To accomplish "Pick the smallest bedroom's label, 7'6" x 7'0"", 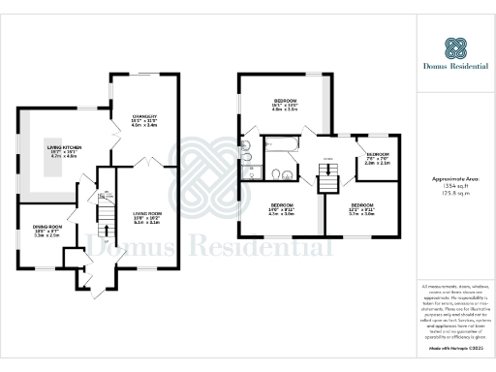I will click(375, 158).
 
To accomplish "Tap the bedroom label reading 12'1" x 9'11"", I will click(362, 210).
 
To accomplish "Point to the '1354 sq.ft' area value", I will click(455, 189).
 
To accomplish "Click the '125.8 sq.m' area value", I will click(455, 197).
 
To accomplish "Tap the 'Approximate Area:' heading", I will click(455, 180).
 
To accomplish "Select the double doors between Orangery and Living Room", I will click(142, 166).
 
